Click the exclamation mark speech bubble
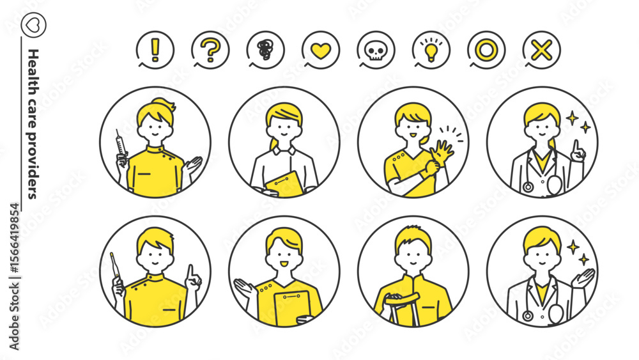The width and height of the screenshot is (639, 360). (155, 50)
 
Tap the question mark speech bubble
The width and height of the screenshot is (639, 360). (210, 50)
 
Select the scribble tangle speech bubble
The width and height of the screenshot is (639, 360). (265, 50)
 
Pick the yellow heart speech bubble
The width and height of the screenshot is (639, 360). (321, 50)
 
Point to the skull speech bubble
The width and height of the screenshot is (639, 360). (376, 50)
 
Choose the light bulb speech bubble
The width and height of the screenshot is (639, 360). (431, 50)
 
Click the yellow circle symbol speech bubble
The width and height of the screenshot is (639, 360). (486, 50)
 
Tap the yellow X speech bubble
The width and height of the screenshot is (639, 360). (542, 50)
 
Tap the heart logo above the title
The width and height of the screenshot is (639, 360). (33, 25)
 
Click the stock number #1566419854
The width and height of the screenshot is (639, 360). (14, 239)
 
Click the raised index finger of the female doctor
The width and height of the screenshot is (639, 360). (576, 146)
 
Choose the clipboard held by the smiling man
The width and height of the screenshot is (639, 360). (291, 308)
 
